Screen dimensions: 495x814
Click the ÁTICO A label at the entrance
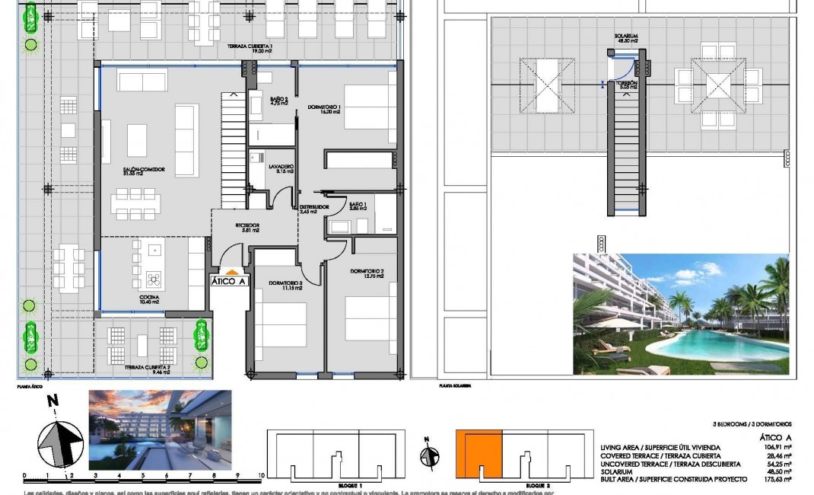point(230,280)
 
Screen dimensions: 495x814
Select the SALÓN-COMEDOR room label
point(128,171)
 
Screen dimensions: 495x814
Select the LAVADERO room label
point(281,168)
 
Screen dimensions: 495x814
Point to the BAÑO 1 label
point(358,206)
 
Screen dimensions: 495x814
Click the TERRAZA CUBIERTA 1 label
point(250,49)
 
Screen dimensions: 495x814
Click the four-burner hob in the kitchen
point(154,277)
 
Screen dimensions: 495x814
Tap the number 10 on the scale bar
point(261,475)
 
